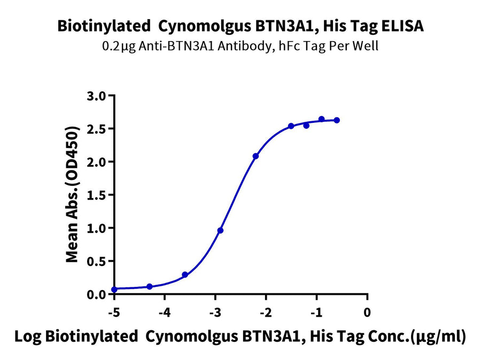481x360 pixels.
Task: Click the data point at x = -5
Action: [114, 289]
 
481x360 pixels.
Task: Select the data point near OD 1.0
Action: [220, 230]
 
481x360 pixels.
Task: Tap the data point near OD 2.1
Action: [255, 156]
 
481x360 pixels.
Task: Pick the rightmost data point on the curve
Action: [337, 120]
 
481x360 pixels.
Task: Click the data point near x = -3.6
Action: [185, 275]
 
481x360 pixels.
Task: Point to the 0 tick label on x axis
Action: [367, 312]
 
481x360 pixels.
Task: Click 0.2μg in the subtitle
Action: [117, 46]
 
